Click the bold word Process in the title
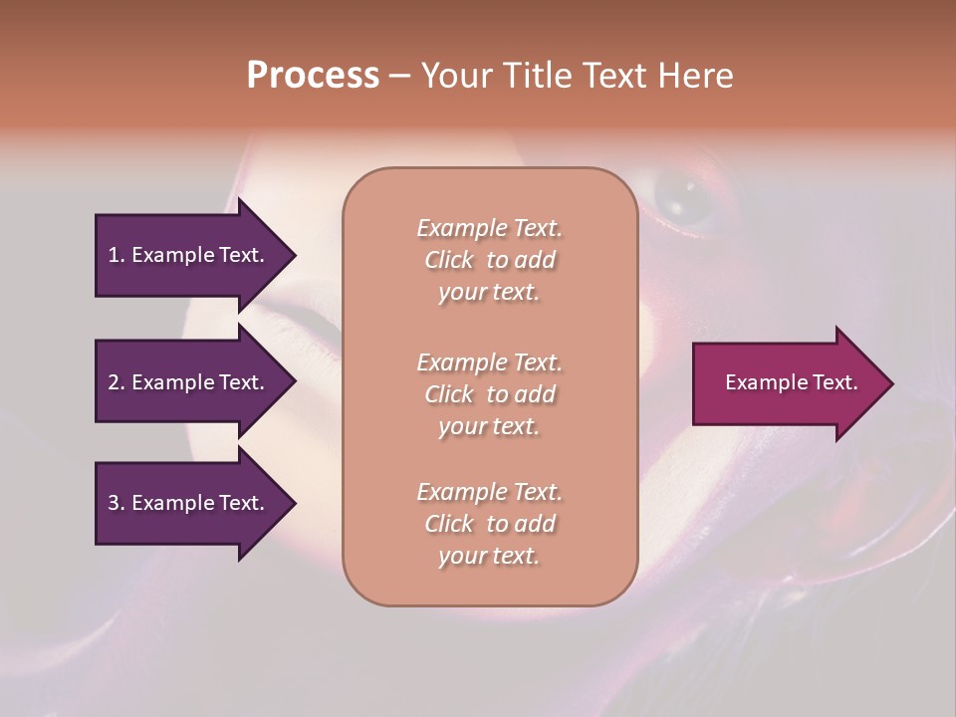point(313,76)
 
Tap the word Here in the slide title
point(694,76)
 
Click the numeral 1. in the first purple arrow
point(117,255)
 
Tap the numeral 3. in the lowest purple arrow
point(117,503)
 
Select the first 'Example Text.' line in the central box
point(489,228)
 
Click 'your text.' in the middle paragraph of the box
point(489,425)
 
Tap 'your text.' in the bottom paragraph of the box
point(489,556)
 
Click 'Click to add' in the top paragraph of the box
point(489,260)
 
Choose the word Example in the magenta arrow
point(761,382)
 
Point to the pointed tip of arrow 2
point(294,382)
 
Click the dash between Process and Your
point(399,76)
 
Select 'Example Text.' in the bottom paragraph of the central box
point(489,492)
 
